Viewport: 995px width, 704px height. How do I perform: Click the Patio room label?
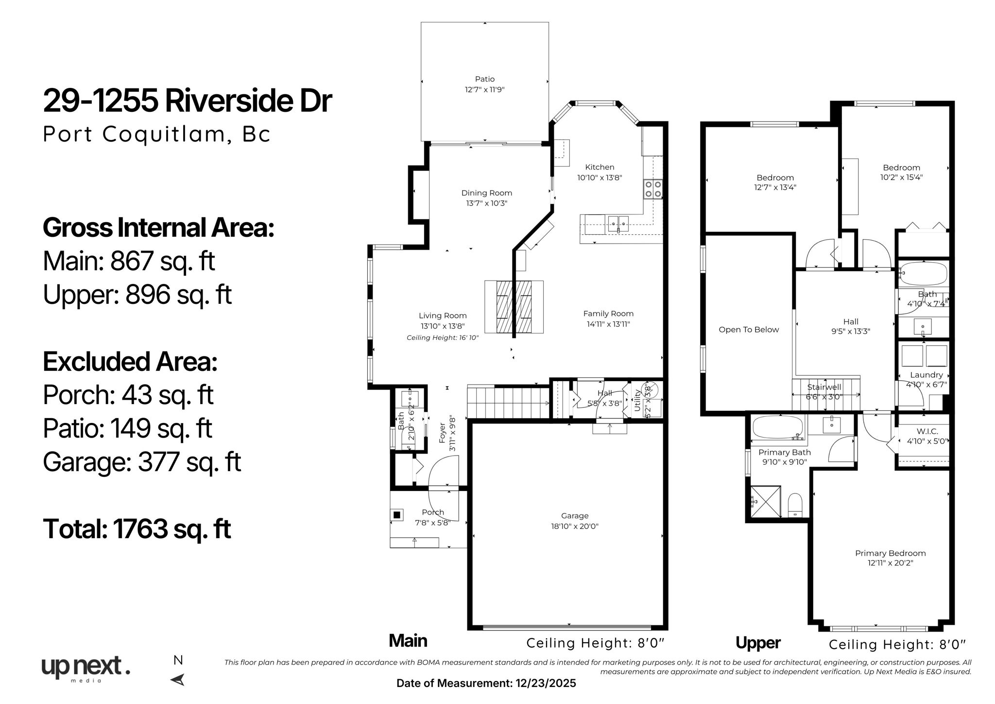pyautogui.click(x=484, y=79)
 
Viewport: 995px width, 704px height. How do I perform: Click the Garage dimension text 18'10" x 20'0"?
pyautogui.click(x=575, y=526)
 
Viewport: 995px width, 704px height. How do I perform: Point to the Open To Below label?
pyautogui.click(x=748, y=330)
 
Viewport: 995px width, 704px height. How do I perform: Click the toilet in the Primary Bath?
pyautogui.click(x=795, y=505)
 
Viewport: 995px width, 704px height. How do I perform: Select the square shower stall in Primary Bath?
pyautogui.click(x=765, y=502)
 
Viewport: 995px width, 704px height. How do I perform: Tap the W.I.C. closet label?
pyautogui.click(x=927, y=431)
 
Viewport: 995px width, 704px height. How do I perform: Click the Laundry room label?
pyautogui.click(x=926, y=375)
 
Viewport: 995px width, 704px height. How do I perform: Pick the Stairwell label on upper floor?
pyautogui.click(x=824, y=387)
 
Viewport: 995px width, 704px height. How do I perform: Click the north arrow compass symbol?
pyautogui.click(x=178, y=679)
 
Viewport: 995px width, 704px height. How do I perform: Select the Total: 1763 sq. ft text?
pyautogui.click(x=137, y=528)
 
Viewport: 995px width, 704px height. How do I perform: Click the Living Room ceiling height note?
pyautogui.click(x=442, y=337)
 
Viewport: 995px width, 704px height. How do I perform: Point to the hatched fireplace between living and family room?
pyautogui.click(x=514, y=307)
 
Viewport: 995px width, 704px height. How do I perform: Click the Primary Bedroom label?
pyautogui.click(x=890, y=553)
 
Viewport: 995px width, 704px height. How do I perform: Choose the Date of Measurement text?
pyautogui.click(x=486, y=683)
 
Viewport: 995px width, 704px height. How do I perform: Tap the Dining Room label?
pyautogui.click(x=486, y=193)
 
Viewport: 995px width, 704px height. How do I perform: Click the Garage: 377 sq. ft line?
pyautogui.click(x=141, y=462)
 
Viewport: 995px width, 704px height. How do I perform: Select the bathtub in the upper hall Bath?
pyautogui.click(x=923, y=273)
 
